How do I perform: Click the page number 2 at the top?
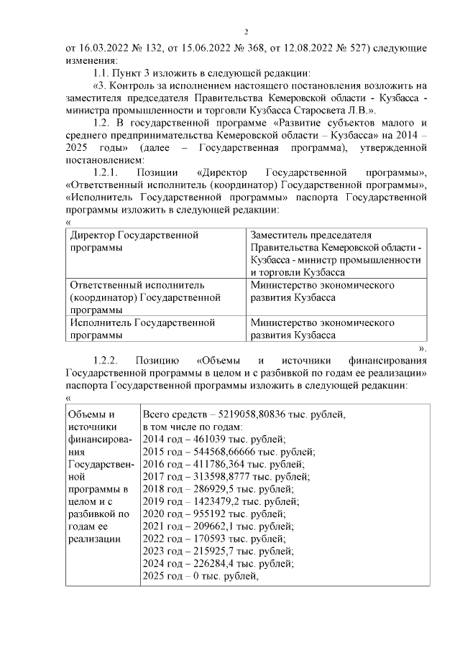[246, 32]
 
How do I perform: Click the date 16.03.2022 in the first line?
[106, 48]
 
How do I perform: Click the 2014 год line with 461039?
[213, 440]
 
